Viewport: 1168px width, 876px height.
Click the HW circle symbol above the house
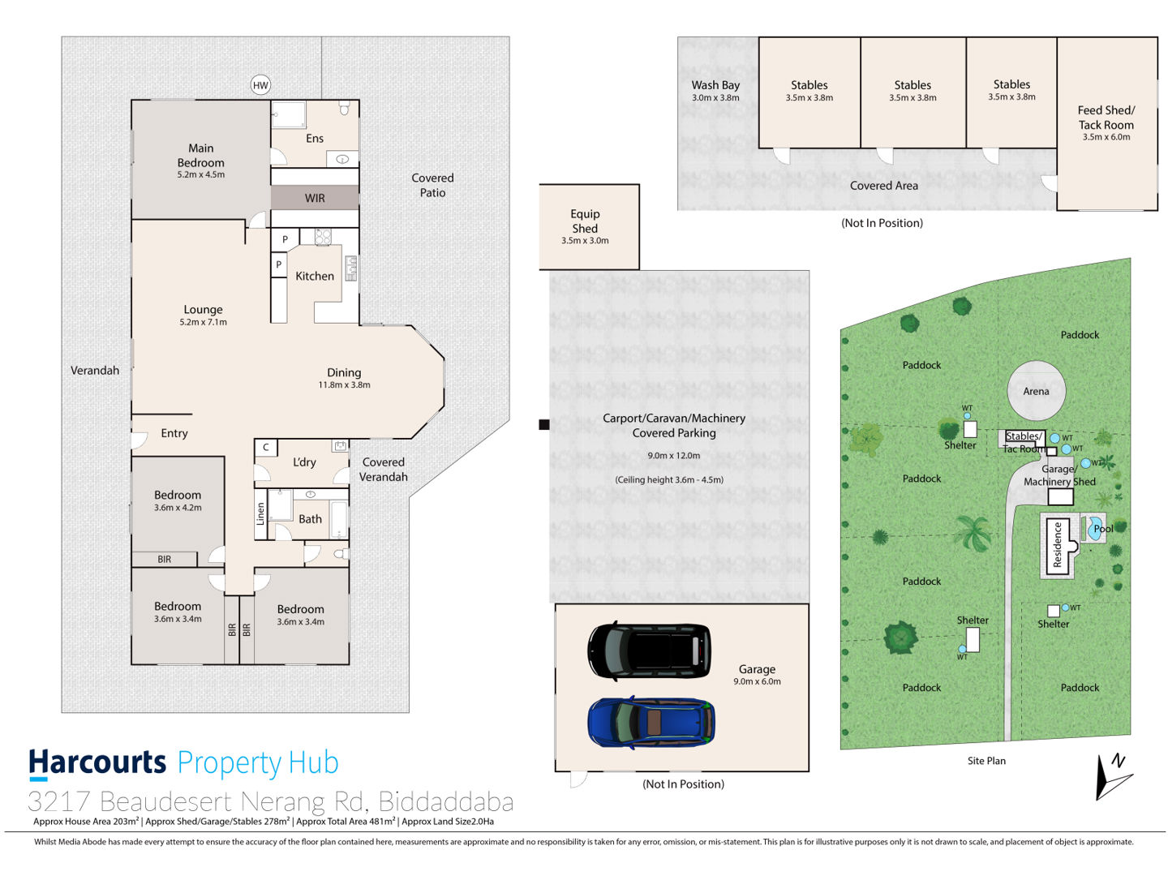[260, 85]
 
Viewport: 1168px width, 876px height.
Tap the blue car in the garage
[651, 721]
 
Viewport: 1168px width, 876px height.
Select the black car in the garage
[649, 650]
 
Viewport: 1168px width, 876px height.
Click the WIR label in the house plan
[314, 198]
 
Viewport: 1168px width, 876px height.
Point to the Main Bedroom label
[200, 155]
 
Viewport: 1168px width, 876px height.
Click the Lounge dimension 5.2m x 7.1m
[203, 322]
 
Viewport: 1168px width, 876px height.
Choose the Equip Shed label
[584, 221]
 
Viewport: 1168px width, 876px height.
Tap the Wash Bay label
[715, 84]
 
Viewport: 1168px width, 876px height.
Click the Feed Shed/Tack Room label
[1106, 118]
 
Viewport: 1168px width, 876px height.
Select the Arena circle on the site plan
[1036, 390]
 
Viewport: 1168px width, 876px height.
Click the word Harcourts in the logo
[97, 762]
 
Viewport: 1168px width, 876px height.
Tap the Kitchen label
[314, 276]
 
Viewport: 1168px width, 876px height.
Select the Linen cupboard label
[260, 513]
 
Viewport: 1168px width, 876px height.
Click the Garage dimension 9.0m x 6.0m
[756, 681]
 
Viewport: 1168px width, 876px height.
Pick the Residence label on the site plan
[1057, 544]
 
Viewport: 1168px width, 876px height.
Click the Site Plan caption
[986, 761]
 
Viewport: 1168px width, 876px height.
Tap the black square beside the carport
[543, 424]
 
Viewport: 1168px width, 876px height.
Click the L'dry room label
[304, 462]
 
